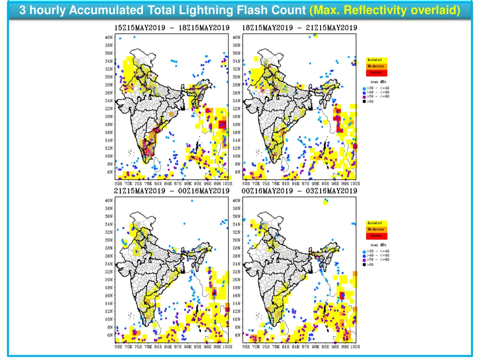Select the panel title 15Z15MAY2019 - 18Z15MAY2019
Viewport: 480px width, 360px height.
(x=172, y=28)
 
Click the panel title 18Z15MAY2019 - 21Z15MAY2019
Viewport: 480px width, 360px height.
(x=300, y=28)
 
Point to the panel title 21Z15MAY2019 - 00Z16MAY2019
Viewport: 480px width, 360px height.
(x=172, y=191)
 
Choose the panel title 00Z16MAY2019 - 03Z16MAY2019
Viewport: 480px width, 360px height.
(x=300, y=191)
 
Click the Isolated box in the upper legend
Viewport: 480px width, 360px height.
(x=376, y=60)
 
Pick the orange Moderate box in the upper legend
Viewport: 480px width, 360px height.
(x=376, y=67)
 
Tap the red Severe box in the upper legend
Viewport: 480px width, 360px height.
(x=376, y=73)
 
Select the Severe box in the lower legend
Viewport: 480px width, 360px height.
(x=376, y=236)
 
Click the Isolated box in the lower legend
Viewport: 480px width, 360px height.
(x=376, y=223)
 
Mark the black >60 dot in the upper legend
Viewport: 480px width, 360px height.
(x=364, y=101)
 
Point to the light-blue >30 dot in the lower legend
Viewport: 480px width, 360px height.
(x=364, y=251)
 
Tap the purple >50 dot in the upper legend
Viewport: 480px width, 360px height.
(x=364, y=97)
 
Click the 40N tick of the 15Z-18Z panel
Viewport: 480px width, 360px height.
(x=109, y=37)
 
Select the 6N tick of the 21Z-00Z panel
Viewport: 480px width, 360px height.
(x=110, y=335)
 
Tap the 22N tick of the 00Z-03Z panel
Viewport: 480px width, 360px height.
(x=237, y=272)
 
